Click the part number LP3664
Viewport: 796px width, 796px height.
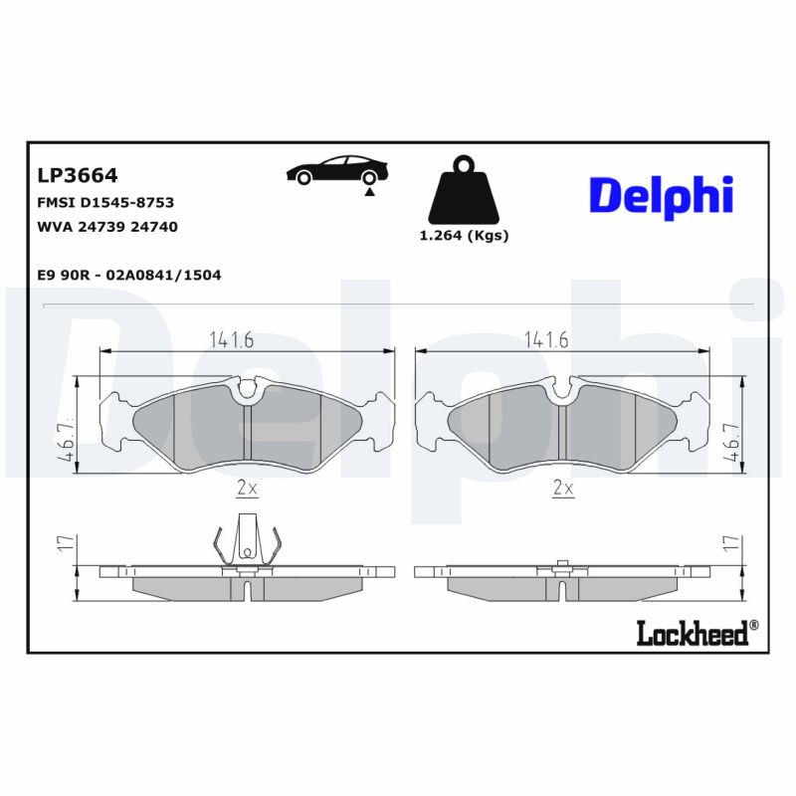pos(77,176)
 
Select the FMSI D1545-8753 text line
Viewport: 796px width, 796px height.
pos(104,202)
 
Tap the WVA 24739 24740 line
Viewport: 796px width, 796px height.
pos(106,226)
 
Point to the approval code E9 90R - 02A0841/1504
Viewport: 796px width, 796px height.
pos(128,275)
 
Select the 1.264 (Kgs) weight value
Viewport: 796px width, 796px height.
pos(464,236)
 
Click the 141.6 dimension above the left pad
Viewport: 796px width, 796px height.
pos(231,339)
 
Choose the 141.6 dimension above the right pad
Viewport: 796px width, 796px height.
pos(545,339)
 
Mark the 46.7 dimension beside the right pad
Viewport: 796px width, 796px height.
pos(732,441)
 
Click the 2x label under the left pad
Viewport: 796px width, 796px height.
pos(247,488)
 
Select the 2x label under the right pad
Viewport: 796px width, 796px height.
pos(563,488)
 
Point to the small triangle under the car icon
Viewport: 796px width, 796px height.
pos(370,191)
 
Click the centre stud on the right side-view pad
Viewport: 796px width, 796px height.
pos(562,566)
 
